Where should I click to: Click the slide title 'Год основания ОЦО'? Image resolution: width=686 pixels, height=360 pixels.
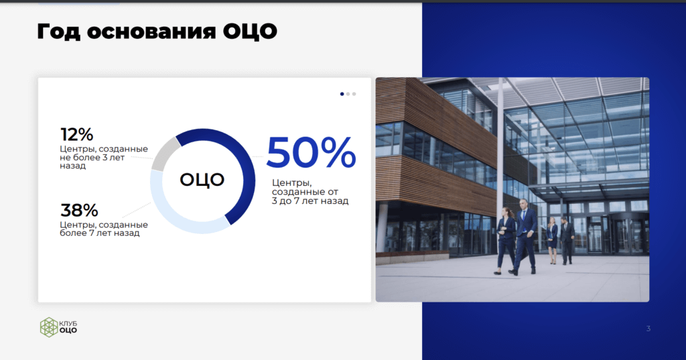[157, 32]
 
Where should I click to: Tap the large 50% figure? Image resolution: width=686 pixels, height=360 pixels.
[311, 152]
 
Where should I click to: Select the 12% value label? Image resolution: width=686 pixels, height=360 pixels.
[76, 135]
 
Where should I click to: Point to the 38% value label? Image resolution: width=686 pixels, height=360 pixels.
[79, 211]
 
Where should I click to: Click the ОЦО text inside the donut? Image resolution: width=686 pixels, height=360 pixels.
[202, 180]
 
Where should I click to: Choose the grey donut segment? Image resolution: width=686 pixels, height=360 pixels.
[164, 154]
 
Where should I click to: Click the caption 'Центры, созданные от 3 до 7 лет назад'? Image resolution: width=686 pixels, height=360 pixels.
[310, 192]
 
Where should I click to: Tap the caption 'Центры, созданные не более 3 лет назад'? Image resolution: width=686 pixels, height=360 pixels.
[104, 158]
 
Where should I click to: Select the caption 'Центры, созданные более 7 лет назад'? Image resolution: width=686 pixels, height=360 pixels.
[104, 229]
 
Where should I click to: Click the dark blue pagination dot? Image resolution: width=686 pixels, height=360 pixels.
[342, 94]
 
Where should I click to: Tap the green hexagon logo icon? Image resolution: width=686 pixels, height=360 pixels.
[49, 327]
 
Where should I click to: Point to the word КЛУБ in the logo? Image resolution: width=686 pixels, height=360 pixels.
[68, 324]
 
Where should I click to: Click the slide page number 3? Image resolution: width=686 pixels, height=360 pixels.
[648, 328]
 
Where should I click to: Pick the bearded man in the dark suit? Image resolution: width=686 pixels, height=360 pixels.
[567, 241]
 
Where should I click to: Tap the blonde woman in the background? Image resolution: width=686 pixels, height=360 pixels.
[553, 240]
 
